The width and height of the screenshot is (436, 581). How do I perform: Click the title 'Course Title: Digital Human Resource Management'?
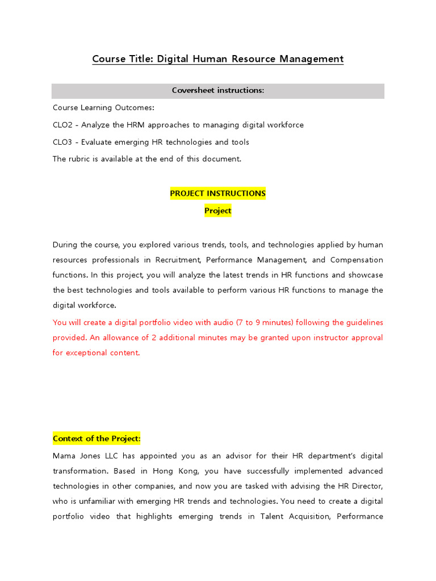click(218, 59)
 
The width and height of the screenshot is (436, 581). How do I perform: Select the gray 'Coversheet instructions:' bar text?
click(218, 91)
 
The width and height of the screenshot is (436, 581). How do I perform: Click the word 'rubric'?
click(80, 159)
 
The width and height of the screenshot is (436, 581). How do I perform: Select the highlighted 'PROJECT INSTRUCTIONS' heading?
click(218, 193)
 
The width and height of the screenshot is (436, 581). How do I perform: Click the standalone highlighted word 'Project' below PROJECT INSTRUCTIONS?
click(218, 210)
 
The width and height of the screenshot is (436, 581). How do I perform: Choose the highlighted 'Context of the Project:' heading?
click(97, 439)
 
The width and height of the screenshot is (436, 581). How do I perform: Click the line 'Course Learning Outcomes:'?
click(103, 108)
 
